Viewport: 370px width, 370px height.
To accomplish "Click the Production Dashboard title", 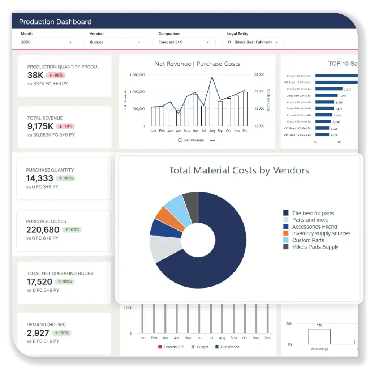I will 55,22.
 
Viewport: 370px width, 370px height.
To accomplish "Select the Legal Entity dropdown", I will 253,42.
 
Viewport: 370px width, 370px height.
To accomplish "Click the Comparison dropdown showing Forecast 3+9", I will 184,42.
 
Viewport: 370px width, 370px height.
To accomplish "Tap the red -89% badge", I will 56,75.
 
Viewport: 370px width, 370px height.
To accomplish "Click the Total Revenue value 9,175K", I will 40,126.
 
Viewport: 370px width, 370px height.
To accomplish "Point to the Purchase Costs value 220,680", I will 43,229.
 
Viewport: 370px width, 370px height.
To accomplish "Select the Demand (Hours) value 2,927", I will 38,333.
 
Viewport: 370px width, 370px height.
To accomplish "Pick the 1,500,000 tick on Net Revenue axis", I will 137,75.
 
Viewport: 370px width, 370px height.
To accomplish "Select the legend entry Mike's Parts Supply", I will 315,247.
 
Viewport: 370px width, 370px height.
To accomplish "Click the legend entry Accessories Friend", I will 314,227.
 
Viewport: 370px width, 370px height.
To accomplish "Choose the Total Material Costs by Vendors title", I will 239,170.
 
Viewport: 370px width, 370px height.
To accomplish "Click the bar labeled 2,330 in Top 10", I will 329,89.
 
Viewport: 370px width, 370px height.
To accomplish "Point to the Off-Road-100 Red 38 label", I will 297,128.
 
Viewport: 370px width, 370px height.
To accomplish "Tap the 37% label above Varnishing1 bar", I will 319,326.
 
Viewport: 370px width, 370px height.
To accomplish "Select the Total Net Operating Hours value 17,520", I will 40,281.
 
